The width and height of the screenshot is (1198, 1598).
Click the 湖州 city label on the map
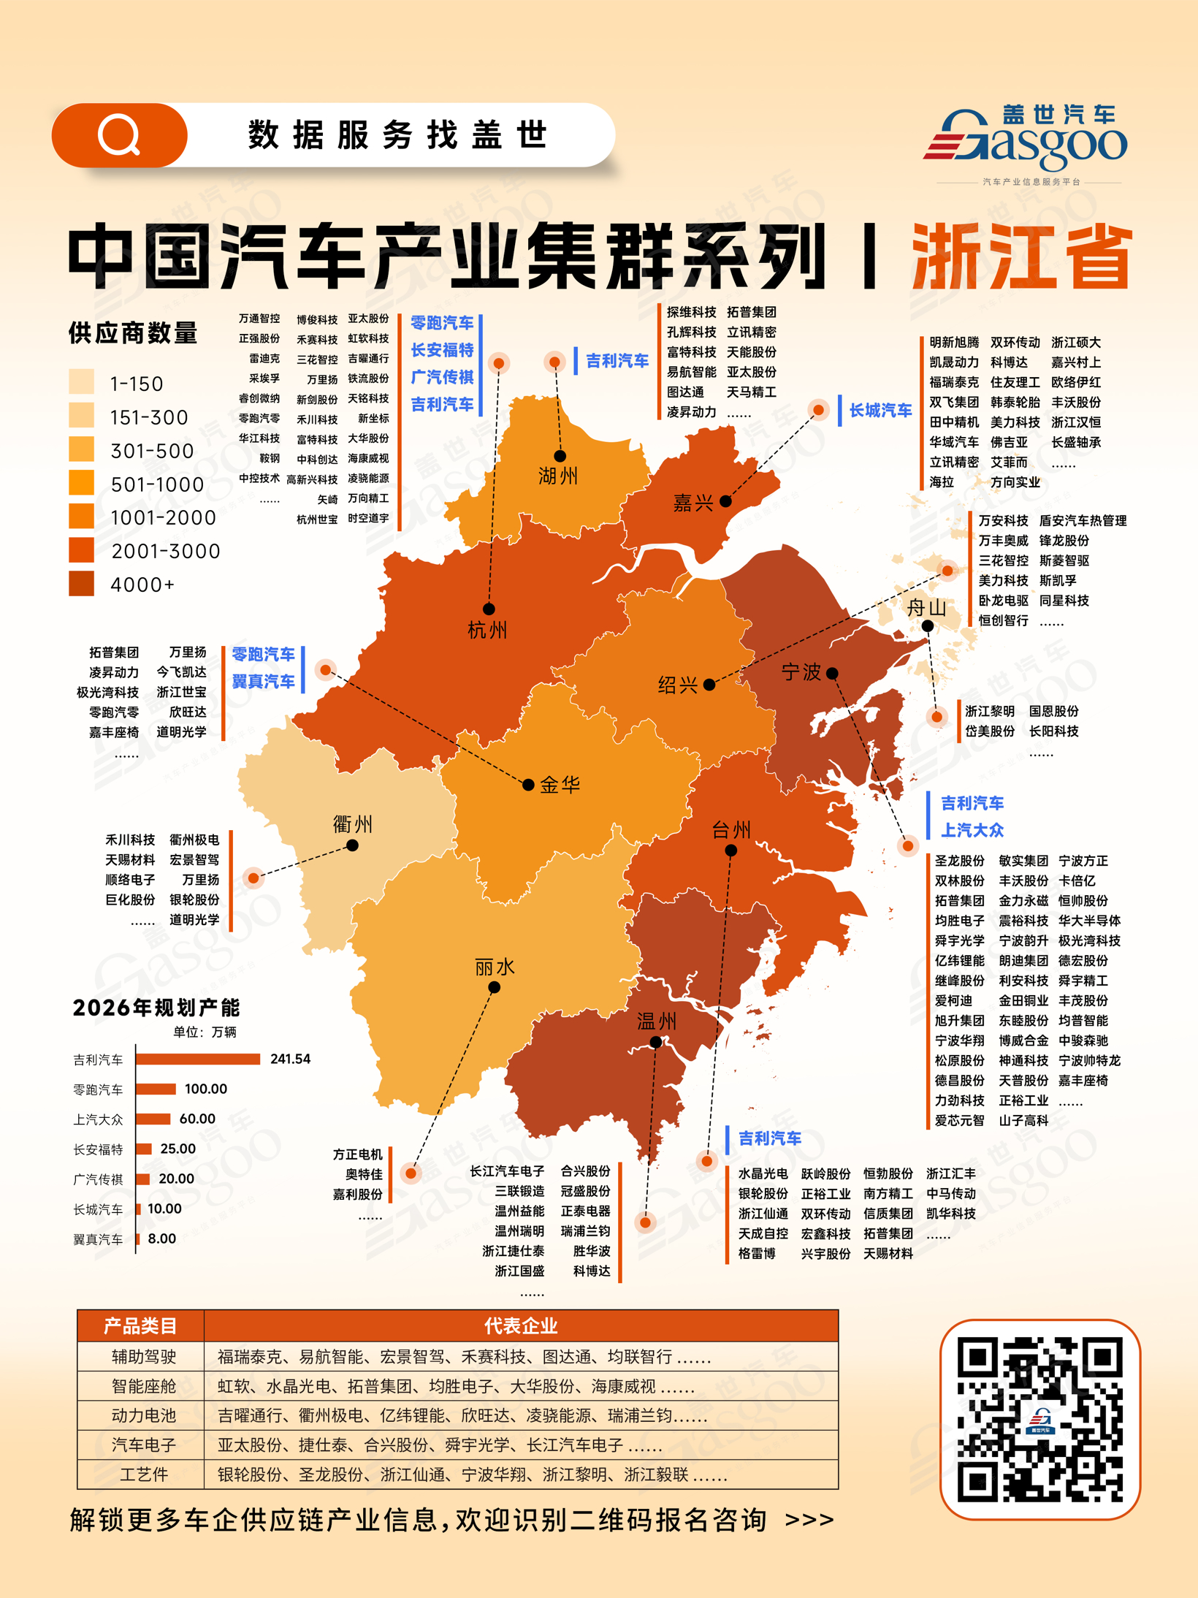(557, 476)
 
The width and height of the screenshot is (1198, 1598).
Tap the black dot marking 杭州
(489, 609)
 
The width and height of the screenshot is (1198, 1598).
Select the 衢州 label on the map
(352, 824)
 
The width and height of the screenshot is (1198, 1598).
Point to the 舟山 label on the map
(926, 606)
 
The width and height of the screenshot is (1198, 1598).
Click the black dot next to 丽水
(494, 987)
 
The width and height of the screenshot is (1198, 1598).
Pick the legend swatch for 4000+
(81, 584)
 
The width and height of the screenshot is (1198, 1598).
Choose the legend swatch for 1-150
(81, 382)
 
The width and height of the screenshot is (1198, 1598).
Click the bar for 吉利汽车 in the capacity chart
(197, 1059)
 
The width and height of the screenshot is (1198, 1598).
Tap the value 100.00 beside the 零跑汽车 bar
(205, 1089)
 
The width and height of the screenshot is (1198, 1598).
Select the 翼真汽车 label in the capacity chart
(98, 1239)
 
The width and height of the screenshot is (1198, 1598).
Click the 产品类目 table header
(140, 1325)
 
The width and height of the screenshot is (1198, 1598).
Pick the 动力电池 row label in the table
(143, 1415)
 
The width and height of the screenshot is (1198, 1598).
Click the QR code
(1039, 1418)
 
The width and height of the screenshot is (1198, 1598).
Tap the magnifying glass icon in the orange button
(119, 135)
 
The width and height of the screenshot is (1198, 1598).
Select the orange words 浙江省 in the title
(1021, 257)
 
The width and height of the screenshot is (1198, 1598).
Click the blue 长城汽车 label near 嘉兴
(880, 411)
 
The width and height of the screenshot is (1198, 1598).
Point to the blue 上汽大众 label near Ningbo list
(972, 830)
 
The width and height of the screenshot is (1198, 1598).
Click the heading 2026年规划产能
(156, 1008)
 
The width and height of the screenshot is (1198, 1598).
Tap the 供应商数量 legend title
(133, 333)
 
